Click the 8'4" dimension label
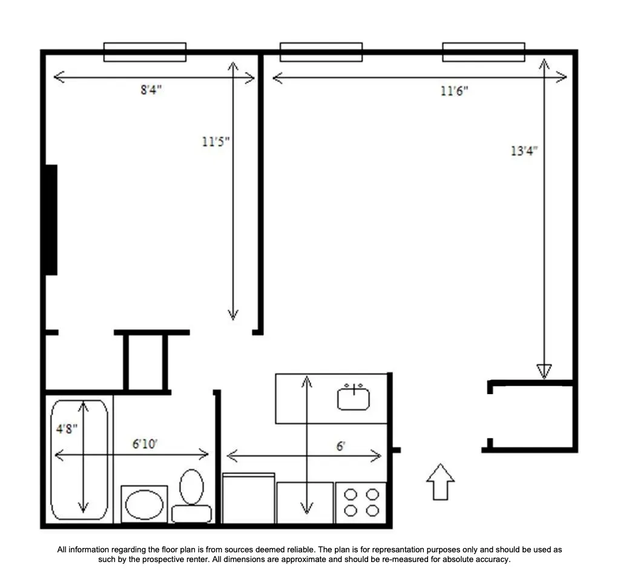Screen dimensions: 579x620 151,90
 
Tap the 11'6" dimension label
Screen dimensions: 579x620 454,91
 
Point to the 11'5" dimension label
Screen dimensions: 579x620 216,142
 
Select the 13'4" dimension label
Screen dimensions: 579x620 524,151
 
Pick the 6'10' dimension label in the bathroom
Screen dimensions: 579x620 145,444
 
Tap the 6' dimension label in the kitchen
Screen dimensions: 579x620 341,446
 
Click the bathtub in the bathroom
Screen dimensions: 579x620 80,459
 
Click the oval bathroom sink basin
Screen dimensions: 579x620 144,504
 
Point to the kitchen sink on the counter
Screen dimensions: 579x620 354,397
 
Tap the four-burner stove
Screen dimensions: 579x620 361,503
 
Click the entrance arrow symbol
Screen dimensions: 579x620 440,482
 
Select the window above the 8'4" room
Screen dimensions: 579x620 145,52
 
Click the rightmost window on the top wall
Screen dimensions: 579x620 483,52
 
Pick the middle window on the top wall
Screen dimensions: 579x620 321,52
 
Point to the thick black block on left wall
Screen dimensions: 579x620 51,219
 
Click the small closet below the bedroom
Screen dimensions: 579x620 145,361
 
